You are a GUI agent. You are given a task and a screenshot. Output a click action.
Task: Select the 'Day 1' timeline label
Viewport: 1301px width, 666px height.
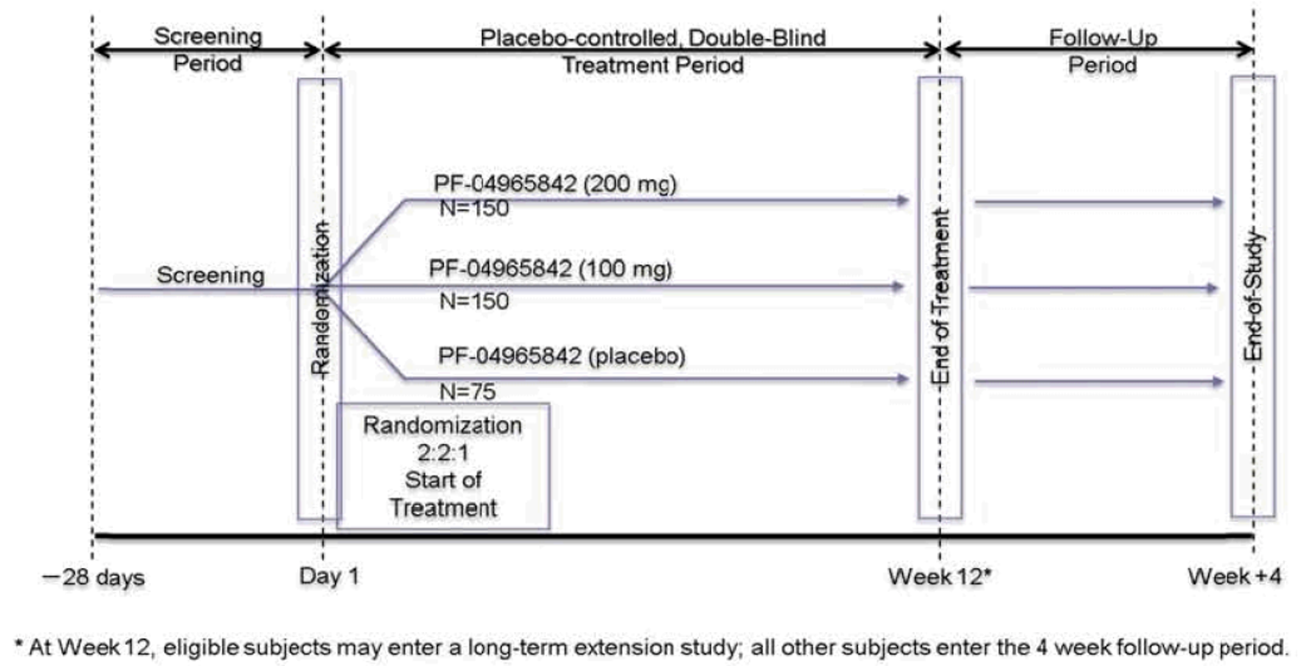coord(329,578)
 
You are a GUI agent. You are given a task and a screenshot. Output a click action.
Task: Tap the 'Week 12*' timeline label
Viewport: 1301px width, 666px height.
coord(940,578)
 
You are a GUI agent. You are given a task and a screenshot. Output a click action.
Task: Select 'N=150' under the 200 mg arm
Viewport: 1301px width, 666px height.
coord(474,209)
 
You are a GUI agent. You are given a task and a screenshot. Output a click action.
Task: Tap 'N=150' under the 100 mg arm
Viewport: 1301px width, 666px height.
coord(474,300)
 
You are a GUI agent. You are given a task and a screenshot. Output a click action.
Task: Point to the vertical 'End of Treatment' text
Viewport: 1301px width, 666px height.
coord(940,297)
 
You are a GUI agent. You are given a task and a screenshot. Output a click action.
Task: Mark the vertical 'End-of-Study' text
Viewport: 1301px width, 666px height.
coord(1253,297)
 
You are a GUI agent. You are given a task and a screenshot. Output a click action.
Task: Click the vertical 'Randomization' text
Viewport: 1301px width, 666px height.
coord(320,297)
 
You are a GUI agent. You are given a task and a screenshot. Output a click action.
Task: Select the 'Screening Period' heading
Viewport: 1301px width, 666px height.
coord(207,51)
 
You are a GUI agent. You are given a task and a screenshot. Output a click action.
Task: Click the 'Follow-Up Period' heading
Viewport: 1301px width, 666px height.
coord(1097,51)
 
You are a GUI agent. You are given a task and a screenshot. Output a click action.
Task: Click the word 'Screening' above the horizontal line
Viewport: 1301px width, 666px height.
coord(210,276)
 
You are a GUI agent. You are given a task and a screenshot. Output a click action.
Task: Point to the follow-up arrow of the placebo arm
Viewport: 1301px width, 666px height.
coord(1097,381)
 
